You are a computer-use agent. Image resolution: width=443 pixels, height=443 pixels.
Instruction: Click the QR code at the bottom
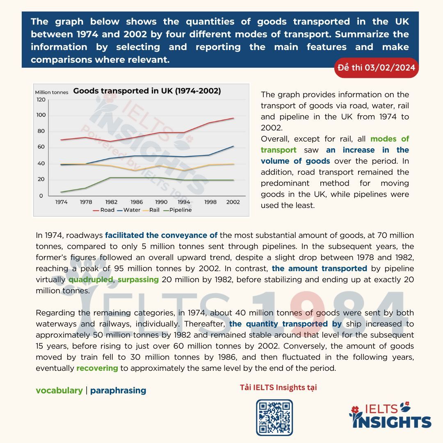274,417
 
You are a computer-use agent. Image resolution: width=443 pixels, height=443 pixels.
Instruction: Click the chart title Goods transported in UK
147,91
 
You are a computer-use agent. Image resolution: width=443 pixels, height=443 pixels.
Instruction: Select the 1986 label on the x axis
137,202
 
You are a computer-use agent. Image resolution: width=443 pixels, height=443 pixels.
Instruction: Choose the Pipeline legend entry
178,210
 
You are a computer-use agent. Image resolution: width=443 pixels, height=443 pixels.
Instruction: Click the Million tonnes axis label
52,92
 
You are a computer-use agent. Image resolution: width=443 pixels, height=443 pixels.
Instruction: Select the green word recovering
97,368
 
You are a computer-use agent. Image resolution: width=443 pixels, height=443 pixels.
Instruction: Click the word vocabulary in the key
59,390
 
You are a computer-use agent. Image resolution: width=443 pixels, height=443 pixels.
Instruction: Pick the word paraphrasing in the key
118,390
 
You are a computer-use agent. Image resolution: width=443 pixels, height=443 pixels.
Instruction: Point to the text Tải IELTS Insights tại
278,387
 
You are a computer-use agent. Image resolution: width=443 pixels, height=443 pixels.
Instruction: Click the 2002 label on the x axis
233,202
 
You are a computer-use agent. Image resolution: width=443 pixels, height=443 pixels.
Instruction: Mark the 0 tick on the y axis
41,196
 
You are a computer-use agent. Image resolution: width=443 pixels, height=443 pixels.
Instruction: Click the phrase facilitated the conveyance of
161,235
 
